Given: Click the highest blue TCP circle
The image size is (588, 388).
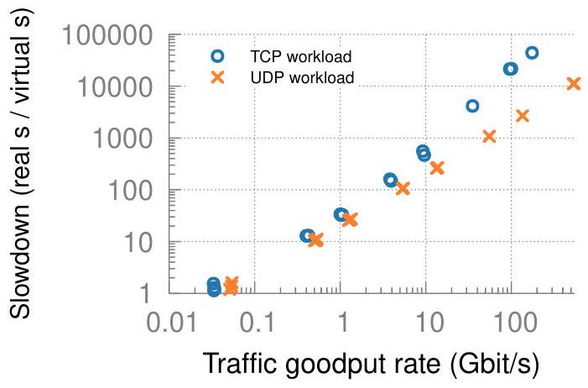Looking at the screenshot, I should [x=531, y=52].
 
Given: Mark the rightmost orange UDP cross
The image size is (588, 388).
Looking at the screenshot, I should [x=574, y=83].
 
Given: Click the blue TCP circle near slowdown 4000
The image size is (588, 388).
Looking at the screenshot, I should [x=472, y=106].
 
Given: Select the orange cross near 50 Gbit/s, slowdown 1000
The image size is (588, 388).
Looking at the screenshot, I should [x=490, y=136].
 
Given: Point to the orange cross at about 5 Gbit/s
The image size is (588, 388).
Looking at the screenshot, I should [x=403, y=188].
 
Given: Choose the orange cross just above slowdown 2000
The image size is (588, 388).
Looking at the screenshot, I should [x=523, y=115].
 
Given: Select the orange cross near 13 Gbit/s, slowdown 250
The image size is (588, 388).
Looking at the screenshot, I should [x=437, y=168].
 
